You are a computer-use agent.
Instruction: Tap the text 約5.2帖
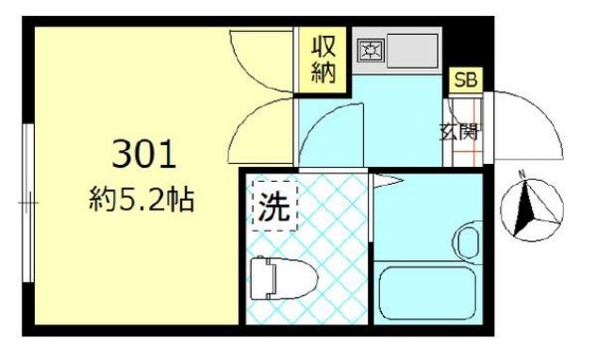pos(143,200)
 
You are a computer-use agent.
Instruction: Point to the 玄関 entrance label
pos(459,131)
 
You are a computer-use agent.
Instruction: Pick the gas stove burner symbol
pos(370,50)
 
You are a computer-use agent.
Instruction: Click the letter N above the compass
pos(521,174)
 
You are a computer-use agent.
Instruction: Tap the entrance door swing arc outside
pos(528,127)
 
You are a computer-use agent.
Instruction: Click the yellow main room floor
pos(132,264)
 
